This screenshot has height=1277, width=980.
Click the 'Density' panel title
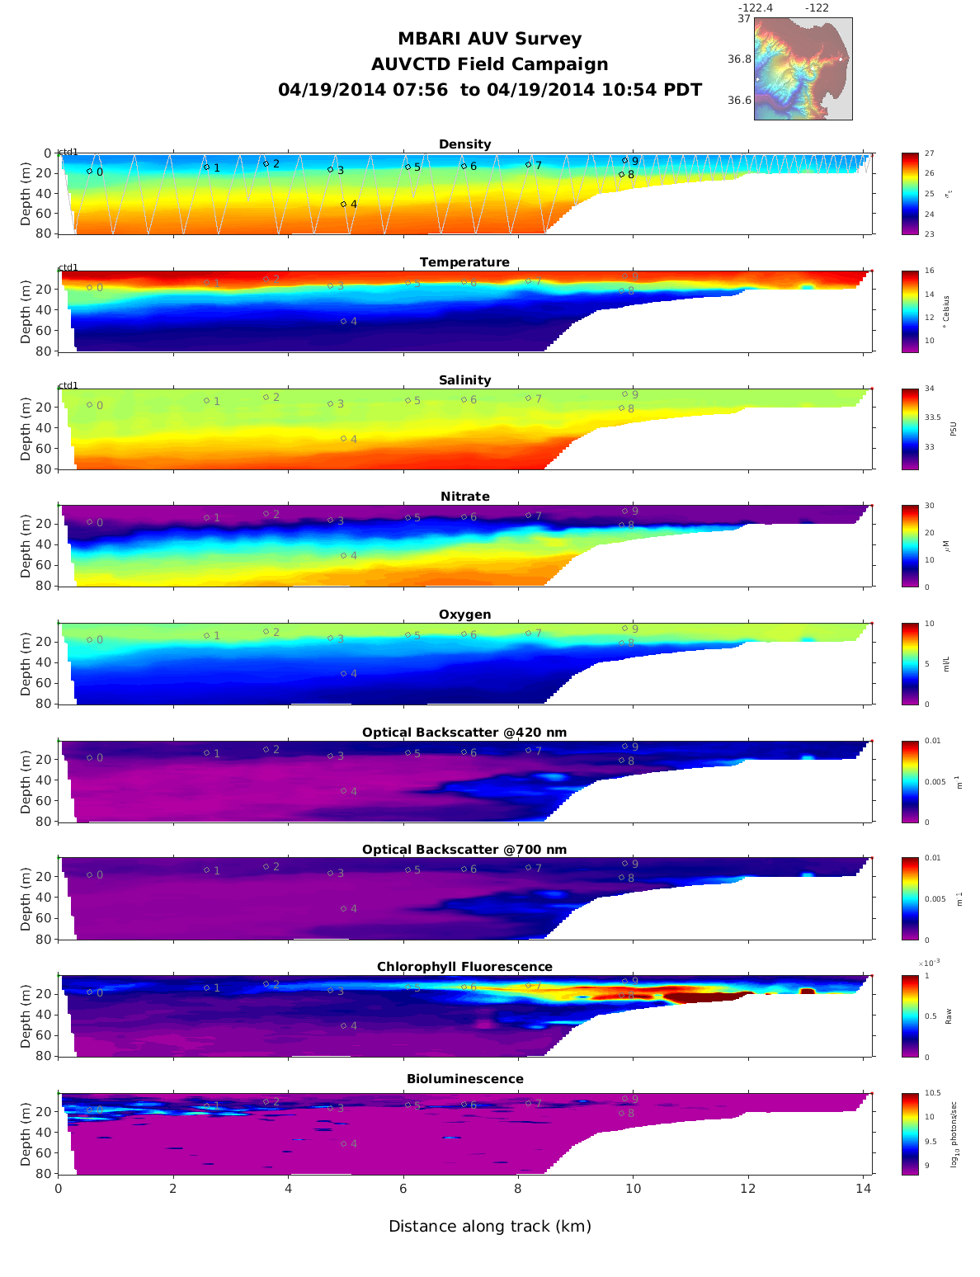(464, 144)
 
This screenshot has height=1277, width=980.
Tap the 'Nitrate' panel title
(464, 497)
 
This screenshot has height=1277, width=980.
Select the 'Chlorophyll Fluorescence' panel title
(464, 967)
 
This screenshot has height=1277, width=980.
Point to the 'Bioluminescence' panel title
(464, 1079)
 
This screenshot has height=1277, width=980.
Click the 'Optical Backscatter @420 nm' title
(464, 733)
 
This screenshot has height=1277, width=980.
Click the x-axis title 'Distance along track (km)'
(490, 1227)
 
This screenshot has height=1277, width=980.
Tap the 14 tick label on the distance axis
(863, 1189)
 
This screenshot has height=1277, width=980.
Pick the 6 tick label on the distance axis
(403, 1189)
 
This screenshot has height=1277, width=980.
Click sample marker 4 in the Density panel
(344, 204)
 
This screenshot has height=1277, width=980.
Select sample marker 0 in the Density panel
(89, 172)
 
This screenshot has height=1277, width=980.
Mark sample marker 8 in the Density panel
(621, 174)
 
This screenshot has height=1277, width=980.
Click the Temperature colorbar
(910, 311)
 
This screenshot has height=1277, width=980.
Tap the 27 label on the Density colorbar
(930, 153)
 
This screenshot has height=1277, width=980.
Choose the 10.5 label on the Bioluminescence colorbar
(933, 1094)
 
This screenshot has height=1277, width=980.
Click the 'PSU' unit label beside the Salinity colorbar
(954, 429)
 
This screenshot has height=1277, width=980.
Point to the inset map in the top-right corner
(803, 69)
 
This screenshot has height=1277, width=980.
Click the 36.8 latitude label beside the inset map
(739, 59)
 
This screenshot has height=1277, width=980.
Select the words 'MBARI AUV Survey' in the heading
(490, 39)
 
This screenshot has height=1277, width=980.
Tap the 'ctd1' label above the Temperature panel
(68, 267)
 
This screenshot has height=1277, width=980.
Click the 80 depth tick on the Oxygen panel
(43, 704)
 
